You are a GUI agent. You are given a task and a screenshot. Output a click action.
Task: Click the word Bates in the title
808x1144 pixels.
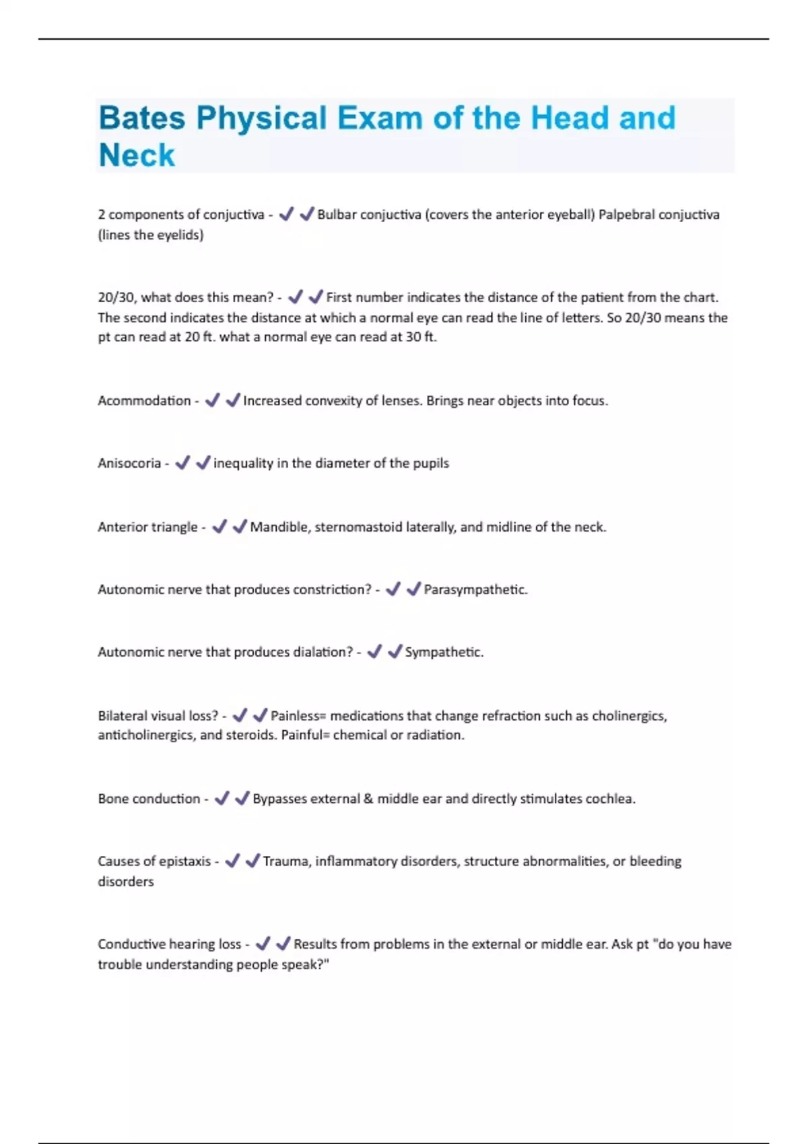[141, 118]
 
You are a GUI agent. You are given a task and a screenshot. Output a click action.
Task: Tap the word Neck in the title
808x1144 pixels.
[137, 155]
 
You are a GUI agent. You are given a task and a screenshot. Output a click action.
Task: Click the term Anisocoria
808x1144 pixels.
[129, 463]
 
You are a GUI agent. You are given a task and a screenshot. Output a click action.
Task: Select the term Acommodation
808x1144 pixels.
[144, 401]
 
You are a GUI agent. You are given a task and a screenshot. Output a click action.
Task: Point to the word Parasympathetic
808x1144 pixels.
[475, 589]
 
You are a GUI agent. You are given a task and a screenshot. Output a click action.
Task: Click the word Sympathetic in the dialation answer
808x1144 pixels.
[443, 652]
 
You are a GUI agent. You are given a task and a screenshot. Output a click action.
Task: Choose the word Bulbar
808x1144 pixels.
[336, 215]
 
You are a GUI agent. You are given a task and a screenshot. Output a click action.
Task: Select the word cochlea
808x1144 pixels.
[609, 799]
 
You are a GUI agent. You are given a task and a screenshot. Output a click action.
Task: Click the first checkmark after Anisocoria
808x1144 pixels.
[182, 463]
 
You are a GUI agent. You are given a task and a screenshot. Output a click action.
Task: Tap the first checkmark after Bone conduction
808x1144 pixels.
[222, 799]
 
